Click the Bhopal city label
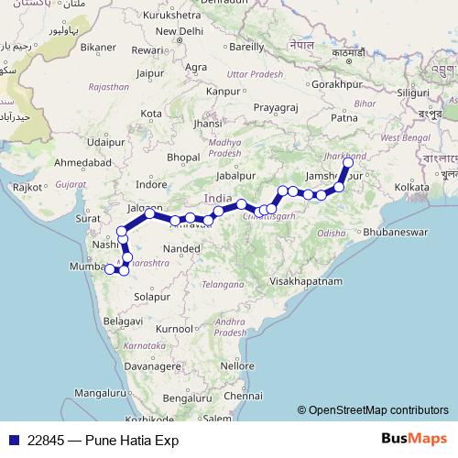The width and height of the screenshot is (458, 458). (x=183, y=158)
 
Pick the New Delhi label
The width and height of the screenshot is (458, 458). (x=179, y=29)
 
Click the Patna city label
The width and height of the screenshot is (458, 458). (x=343, y=117)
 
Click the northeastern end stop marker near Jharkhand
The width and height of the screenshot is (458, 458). (x=348, y=163)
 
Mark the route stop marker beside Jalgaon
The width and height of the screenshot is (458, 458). (x=149, y=213)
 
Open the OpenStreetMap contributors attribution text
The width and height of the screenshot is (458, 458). (x=378, y=410)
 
